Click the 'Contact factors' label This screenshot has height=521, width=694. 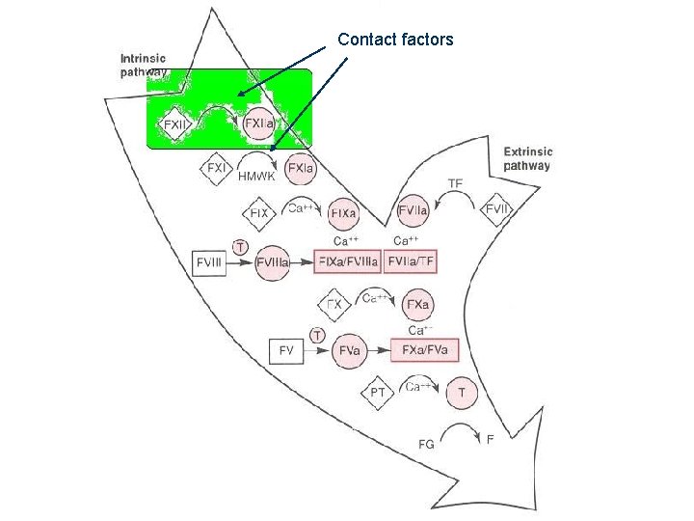point(395,40)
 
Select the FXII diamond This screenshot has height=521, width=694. point(175,124)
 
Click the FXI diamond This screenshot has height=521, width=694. point(217,167)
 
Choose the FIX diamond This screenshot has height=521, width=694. point(259,212)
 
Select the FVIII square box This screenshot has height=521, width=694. point(209,260)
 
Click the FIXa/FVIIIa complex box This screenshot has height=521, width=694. point(347,260)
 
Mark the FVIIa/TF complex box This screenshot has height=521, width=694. point(417,260)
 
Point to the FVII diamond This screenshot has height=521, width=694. point(497,208)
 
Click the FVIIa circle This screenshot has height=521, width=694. point(414,208)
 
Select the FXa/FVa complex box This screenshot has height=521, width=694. point(424,349)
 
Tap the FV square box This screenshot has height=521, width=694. point(286,351)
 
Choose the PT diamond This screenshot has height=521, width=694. point(379,393)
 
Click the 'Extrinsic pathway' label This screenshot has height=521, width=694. point(527,158)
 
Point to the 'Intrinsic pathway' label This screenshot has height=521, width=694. point(144,65)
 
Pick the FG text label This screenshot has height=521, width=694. point(425,445)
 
